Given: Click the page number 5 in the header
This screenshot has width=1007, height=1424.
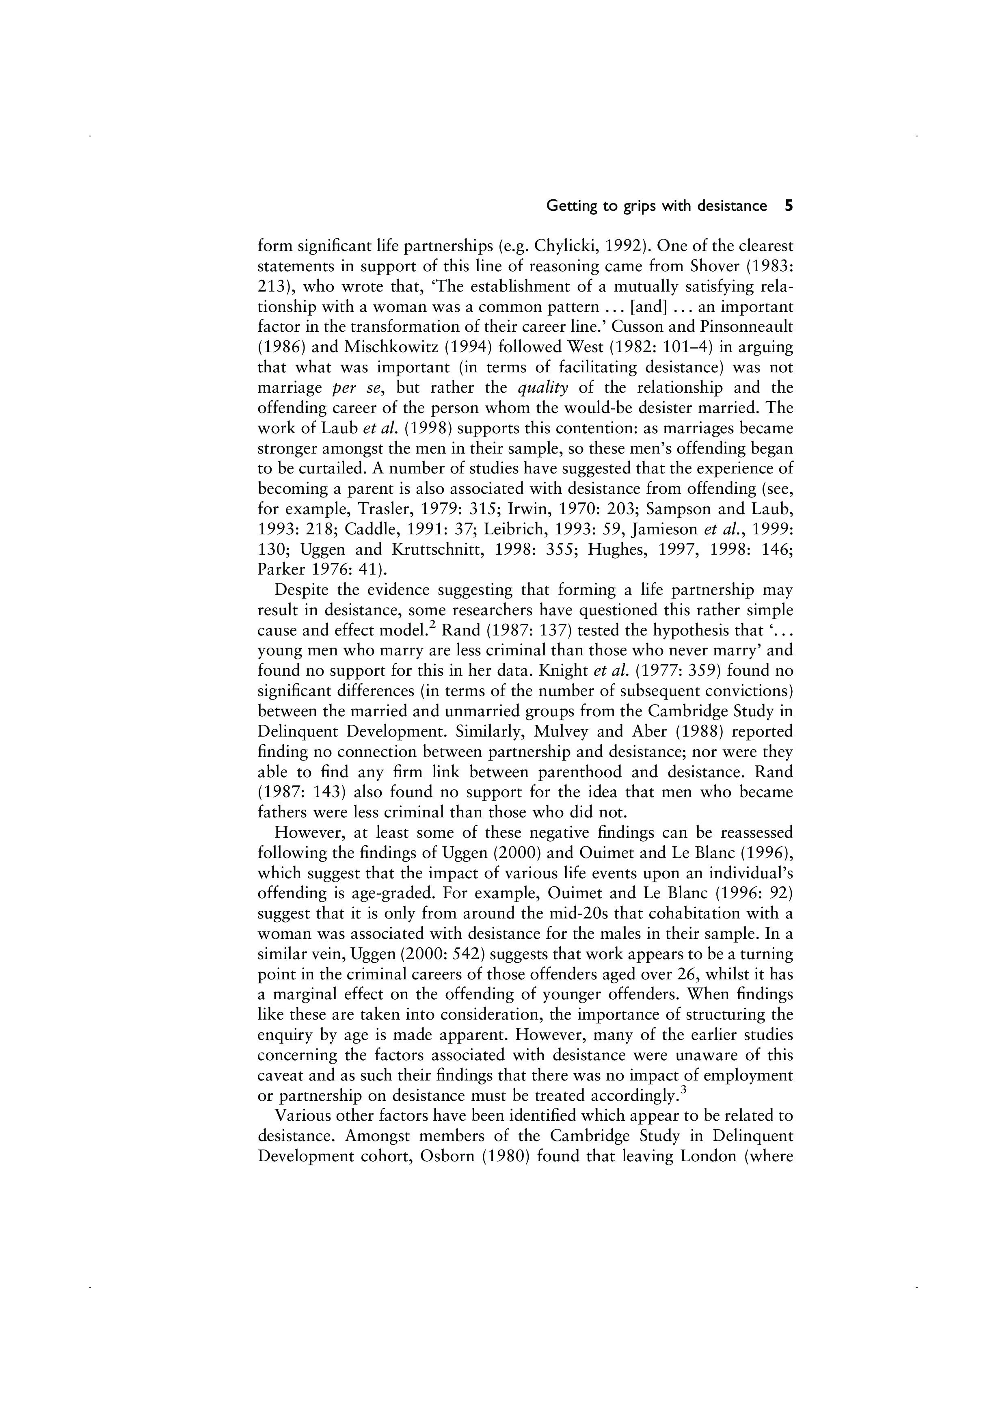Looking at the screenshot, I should tap(788, 206).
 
